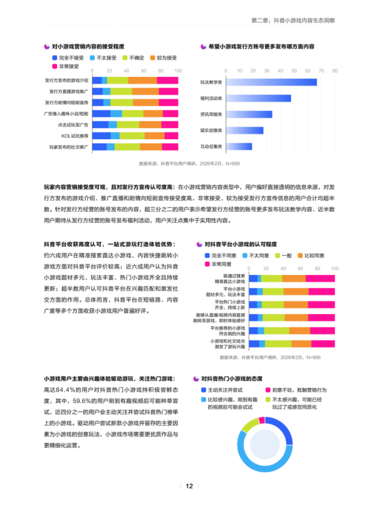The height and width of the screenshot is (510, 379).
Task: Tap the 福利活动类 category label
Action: [x=210, y=98]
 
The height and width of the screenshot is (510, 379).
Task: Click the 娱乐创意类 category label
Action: [x=210, y=130]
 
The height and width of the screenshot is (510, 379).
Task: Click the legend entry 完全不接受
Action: [x=68, y=58]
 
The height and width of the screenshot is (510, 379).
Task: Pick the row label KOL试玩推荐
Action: [x=72, y=136]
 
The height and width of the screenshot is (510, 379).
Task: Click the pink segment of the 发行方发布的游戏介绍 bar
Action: [x=169, y=80]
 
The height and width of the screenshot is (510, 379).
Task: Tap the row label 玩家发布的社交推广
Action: [x=69, y=147]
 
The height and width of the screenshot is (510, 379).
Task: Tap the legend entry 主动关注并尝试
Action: [x=226, y=389]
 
